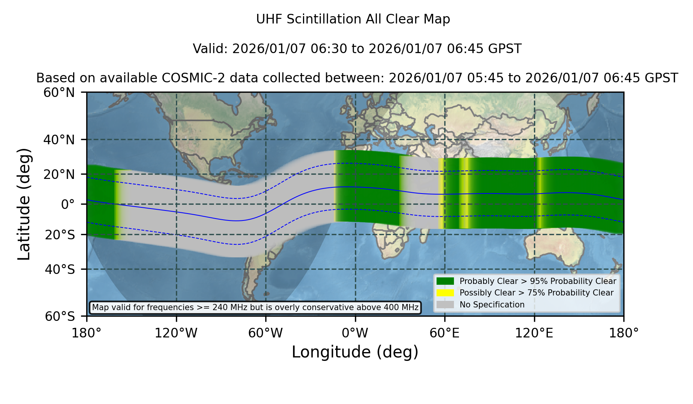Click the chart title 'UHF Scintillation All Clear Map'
pyautogui.click(x=353, y=19)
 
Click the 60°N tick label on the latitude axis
pyautogui.click(x=59, y=92)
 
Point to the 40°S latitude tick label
pyautogui.click(x=60, y=269)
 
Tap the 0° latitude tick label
pyautogui.click(x=68, y=204)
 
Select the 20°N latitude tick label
pyautogui.click(x=59, y=174)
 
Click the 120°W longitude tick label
pyautogui.click(x=176, y=333)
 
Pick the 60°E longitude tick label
pyautogui.click(x=445, y=333)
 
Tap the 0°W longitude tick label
pyautogui.click(x=355, y=333)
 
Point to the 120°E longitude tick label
pyautogui.click(x=534, y=333)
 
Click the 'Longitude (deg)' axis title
pyautogui.click(x=355, y=352)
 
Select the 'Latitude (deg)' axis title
pyautogui.click(x=24, y=204)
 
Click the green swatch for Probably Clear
pyautogui.click(x=445, y=281)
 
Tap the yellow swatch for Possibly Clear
pyautogui.click(x=445, y=293)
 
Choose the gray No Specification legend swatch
pyautogui.click(x=445, y=305)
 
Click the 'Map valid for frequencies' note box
pyautogui.click(x=255, y=307)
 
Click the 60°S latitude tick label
pyautogui.click(x=60, y=316)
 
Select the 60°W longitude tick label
pyautogui.click(x=265, y=333)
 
